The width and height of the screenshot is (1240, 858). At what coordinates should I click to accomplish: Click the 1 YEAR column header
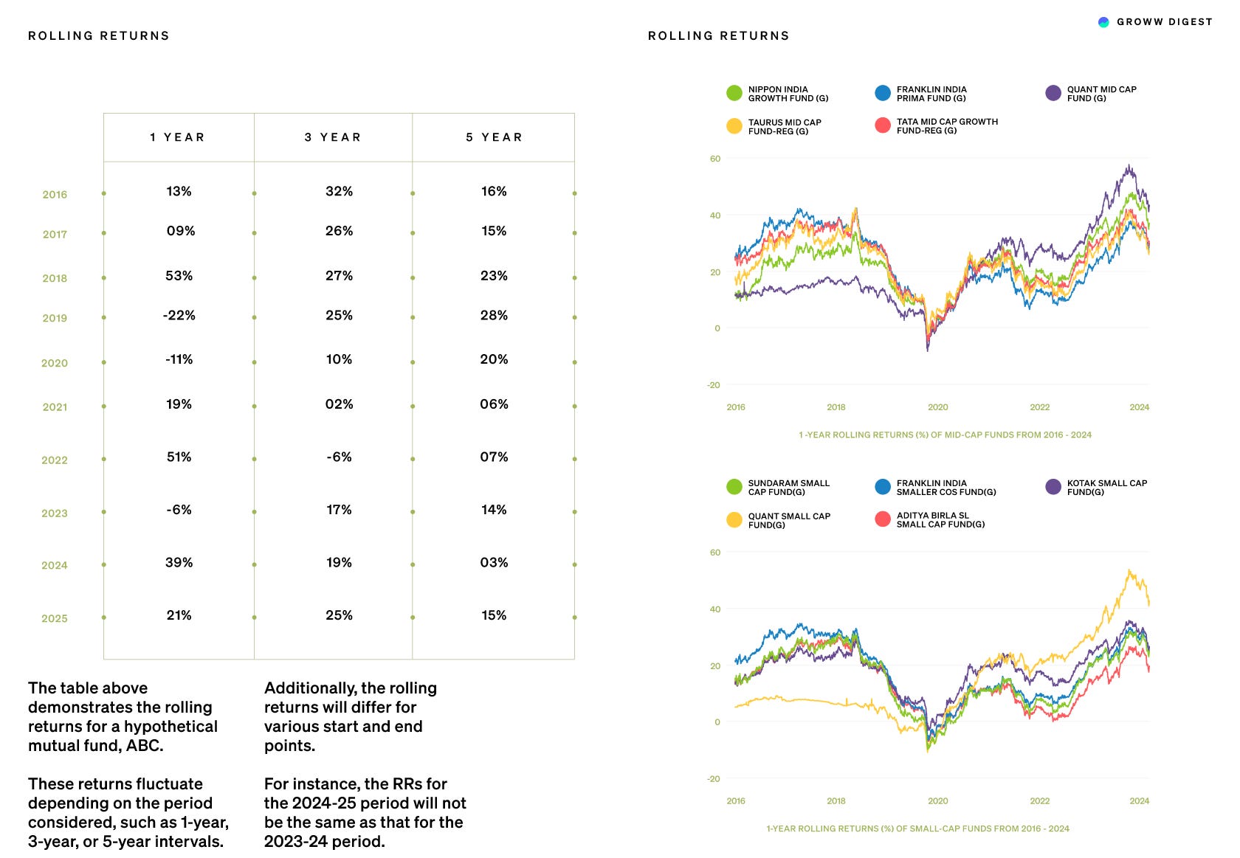point(177,137)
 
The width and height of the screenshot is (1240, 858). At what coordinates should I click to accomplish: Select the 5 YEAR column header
point(494,137)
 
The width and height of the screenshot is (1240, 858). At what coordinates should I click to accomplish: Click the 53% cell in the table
point(179,276)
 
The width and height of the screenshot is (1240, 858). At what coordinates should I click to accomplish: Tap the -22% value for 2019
point(179,316)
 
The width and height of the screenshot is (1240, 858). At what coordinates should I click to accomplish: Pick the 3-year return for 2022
point(339,457)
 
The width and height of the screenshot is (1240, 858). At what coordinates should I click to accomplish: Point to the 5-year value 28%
point(494,316)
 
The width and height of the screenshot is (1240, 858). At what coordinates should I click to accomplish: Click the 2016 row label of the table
point(55,195)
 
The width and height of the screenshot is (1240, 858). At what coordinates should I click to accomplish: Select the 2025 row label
point(55,619)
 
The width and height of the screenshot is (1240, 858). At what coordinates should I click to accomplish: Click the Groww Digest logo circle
point(1103,22)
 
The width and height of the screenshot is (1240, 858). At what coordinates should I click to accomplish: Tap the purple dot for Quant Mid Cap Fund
point(1053,93)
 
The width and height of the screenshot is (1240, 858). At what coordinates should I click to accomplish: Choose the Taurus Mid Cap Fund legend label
point(784,127)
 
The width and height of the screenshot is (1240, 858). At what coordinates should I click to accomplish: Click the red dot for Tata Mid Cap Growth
point(882,125)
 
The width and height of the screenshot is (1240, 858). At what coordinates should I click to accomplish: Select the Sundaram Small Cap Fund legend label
point(788,488)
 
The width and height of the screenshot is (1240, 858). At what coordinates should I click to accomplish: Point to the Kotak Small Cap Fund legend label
point(1106,488)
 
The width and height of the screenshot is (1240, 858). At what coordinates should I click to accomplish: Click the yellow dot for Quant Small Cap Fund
point(734,520)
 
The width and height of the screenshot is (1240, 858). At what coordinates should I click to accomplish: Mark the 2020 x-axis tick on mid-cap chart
point(937,407)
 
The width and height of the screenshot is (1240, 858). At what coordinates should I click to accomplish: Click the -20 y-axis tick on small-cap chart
point(713,779)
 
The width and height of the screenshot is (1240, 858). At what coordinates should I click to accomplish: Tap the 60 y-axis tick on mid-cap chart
point(714,159)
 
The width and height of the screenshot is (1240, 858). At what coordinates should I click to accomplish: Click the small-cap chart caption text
point(917,828)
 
